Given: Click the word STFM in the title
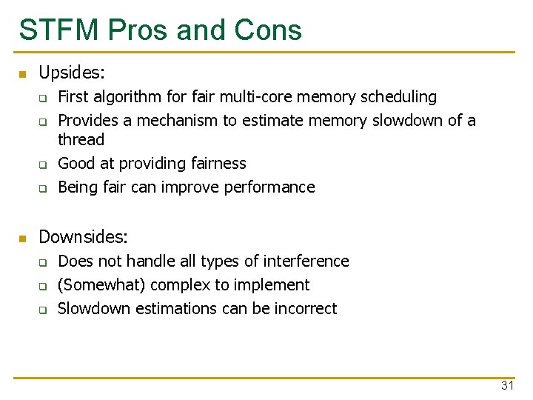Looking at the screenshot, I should click(58, 30).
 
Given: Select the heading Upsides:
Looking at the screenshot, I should click(72, 73).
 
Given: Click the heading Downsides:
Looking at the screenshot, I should click(84, 237).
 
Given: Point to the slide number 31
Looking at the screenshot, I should click(507, 385).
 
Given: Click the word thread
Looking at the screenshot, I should click(81, 140).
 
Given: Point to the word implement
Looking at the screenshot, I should click(273, 285).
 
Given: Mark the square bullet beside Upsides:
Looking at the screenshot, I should click(22, 74).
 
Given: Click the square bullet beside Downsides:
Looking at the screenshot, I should click(22, 239).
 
